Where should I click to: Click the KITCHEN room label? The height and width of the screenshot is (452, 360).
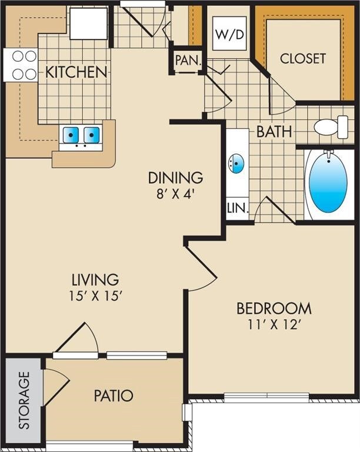click(x=76, y=72)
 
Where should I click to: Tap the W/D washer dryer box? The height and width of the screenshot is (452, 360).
click(x=229, y=35)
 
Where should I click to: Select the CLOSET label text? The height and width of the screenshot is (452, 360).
click(x=302, y=58)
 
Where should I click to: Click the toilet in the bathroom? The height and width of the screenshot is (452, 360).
click(x=331, y=127)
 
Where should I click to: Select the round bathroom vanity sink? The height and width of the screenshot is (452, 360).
click(x=238, y=163)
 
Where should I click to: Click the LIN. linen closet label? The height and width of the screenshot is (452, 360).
click(x=238, y=208)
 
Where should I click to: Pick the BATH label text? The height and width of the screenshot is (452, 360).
click(x=274, y=131)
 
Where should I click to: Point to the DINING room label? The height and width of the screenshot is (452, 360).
click(x=175, y=177)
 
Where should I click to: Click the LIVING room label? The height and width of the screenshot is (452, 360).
click(x=95, y=280)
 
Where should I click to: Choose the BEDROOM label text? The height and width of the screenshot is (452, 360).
click(x=274, y=308)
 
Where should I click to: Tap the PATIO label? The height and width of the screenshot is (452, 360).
click(x=114, y=395)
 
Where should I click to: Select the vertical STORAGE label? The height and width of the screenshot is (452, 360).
click(x=24, y=400)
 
